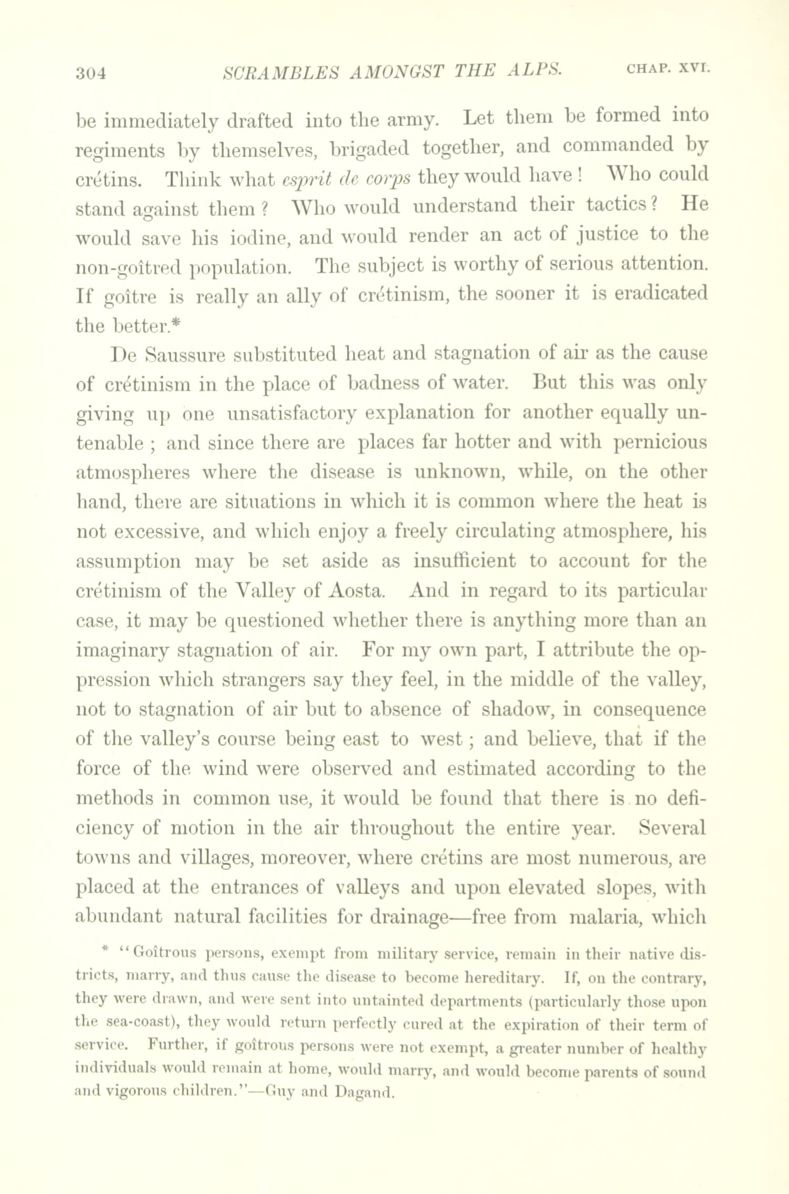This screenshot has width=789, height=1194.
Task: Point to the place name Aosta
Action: tap(359, 590)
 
